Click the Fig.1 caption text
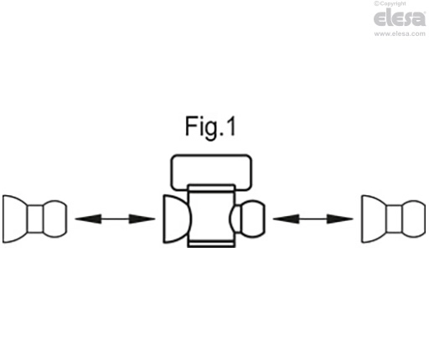210,127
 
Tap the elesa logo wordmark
400,18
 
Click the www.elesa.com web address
400,33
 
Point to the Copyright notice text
390,3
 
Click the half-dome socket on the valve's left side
177,219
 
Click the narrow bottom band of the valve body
211,244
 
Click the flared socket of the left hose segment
15,219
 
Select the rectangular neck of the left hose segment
35,219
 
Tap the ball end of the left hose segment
55,219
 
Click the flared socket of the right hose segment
374,219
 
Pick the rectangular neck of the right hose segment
394,219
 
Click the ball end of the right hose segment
414,219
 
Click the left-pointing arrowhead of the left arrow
88,219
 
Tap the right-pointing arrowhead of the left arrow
142,219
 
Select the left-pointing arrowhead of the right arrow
286,219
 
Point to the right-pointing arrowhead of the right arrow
340,219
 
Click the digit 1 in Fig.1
230,126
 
